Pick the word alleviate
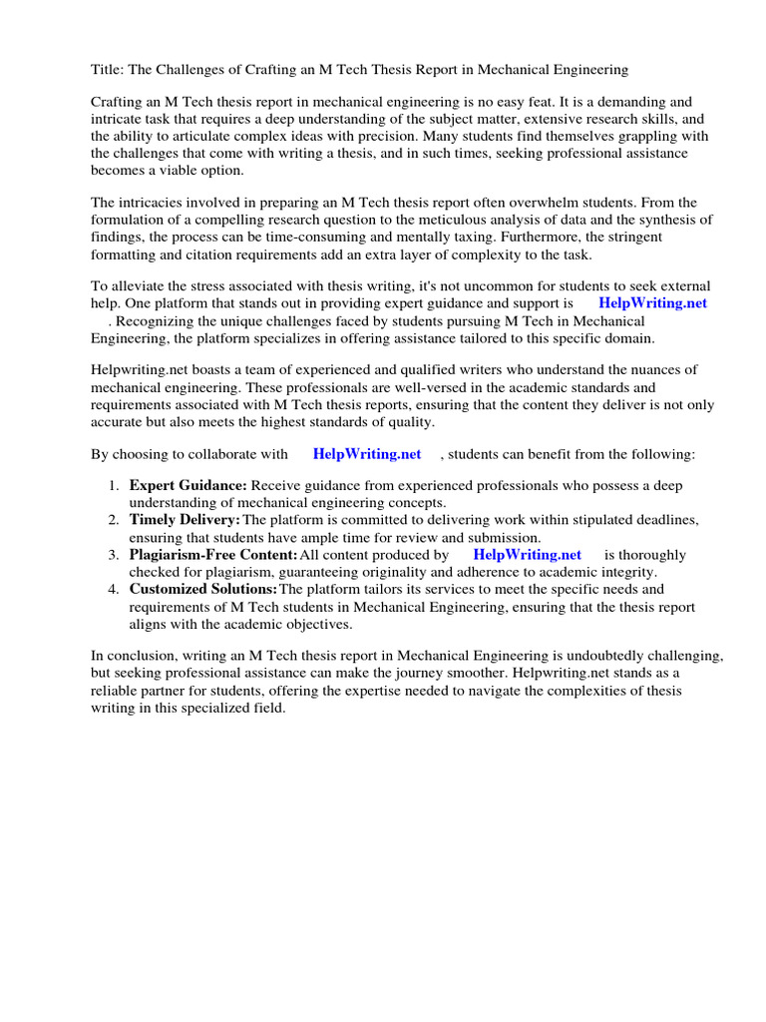(142, 286)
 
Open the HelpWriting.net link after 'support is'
(652, 303)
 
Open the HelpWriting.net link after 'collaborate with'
(367, 454)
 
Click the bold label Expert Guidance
(188, 486)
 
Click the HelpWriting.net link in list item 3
(527, 554)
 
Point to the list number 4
(113, 588)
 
